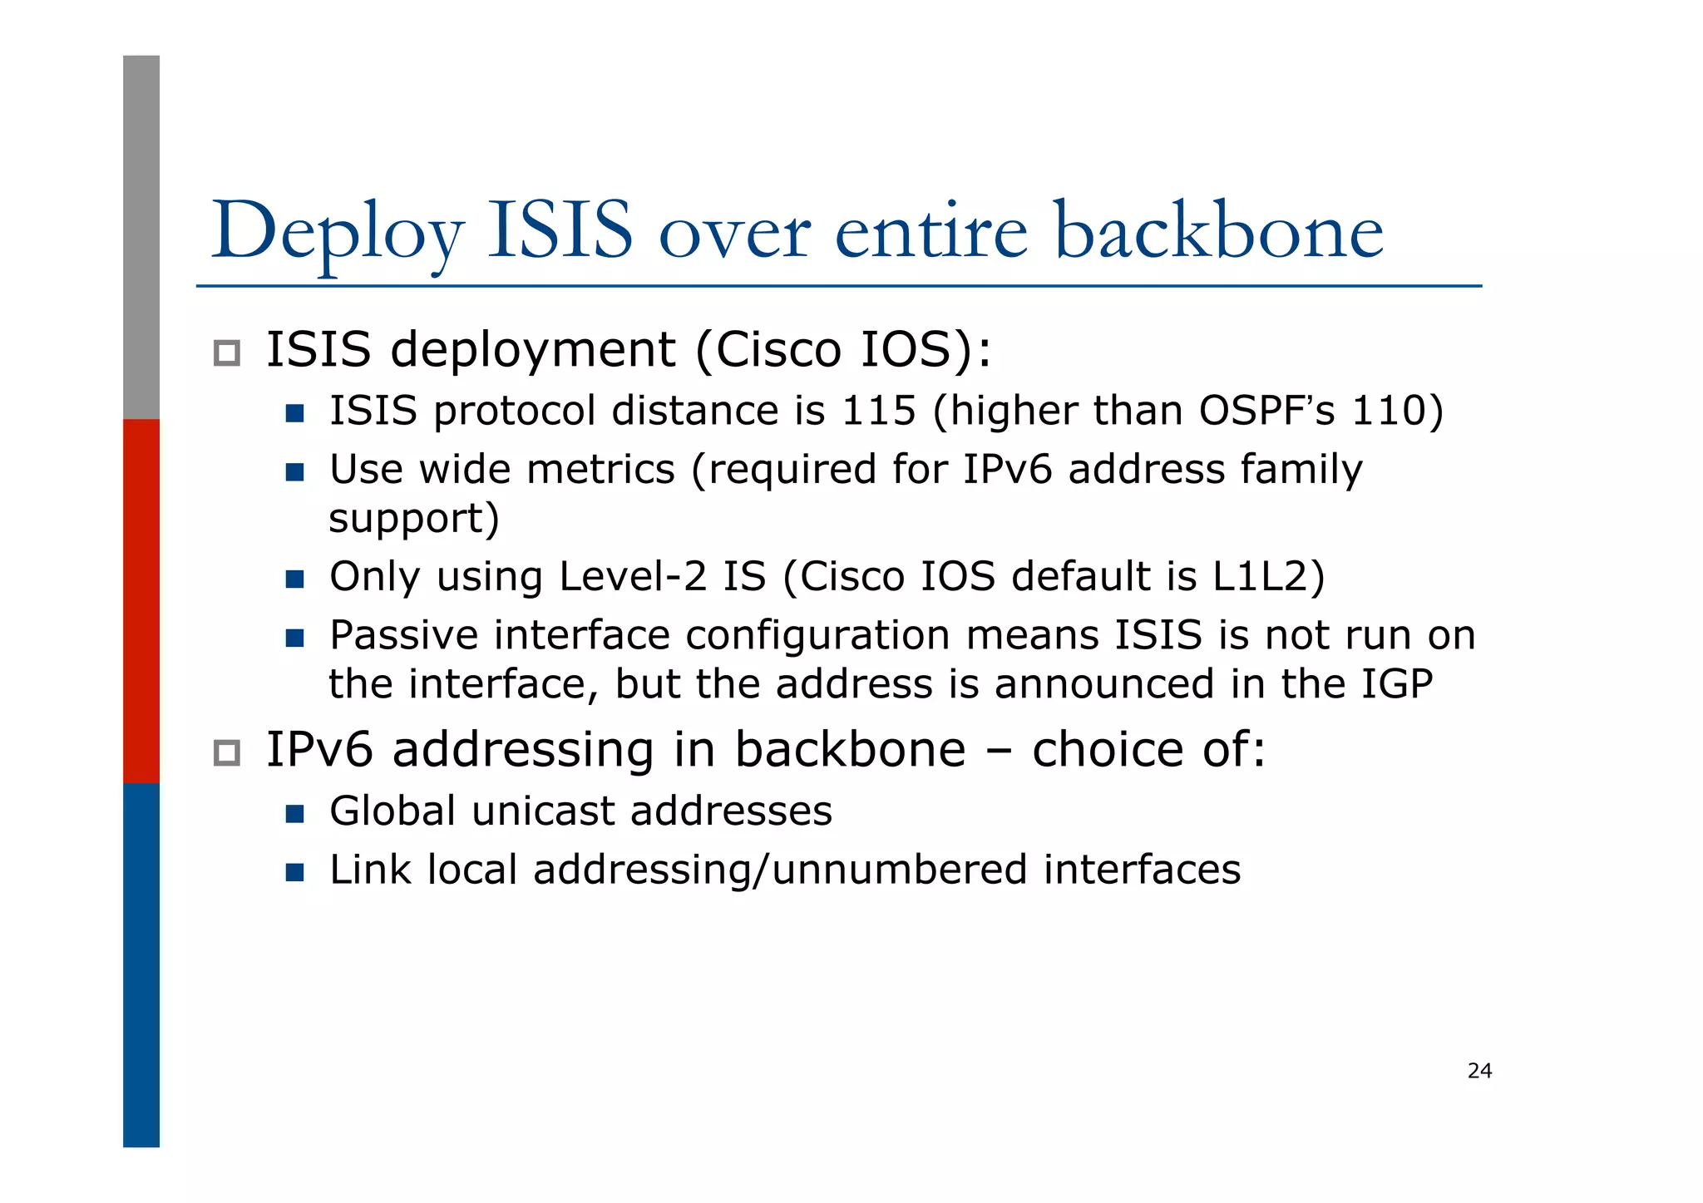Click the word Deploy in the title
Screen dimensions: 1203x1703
[x=338, y=234]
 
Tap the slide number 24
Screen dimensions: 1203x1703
[x=1479, y=1071]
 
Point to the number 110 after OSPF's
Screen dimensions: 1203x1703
[x=1388, y=411]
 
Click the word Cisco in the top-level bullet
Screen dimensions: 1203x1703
[x=778, y=349]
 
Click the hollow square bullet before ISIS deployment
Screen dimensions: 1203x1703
[x=226, y=353]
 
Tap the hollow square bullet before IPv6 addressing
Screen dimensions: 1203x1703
[x=226, y=753]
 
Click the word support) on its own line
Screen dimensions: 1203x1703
[x=414, y=520]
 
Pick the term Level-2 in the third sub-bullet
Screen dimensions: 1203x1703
[x=632, y=576]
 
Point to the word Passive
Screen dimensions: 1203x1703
[x=403, y=636]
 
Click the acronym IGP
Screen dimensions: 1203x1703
[x=1397, y=684]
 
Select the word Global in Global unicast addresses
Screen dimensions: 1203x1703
[x=392, y=811]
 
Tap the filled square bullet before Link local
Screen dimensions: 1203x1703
[x=294, y=872]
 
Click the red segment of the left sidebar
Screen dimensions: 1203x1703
[x=141, y=600]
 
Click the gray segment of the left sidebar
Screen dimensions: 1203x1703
[x=141, y=237]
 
